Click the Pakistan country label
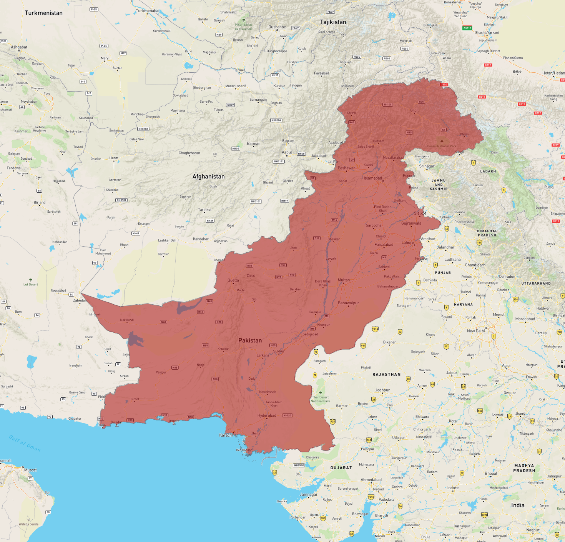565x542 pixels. [250, 340]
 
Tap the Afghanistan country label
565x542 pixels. [208, 177]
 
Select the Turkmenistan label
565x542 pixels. [43, 13]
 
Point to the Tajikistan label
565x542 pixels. [333, 22]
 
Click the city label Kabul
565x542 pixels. [287, 152]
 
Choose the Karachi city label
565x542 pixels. [226, 435]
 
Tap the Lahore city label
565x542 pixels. [408, 243]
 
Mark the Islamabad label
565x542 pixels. [373, 178]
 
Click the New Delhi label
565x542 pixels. [476, 331]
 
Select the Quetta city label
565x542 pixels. [233, 280]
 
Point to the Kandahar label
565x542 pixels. [201, 239]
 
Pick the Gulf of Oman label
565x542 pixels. [25, 443]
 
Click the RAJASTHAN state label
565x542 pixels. [386, 374]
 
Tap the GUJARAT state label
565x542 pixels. [341, 468]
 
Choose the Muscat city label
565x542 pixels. [30, 470]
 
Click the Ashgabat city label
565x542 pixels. [19, 47]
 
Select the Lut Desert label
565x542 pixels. [31, 285]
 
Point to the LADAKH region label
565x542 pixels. [488, 172]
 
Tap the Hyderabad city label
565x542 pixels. [267, 415]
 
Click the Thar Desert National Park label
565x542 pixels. [320, 399]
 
